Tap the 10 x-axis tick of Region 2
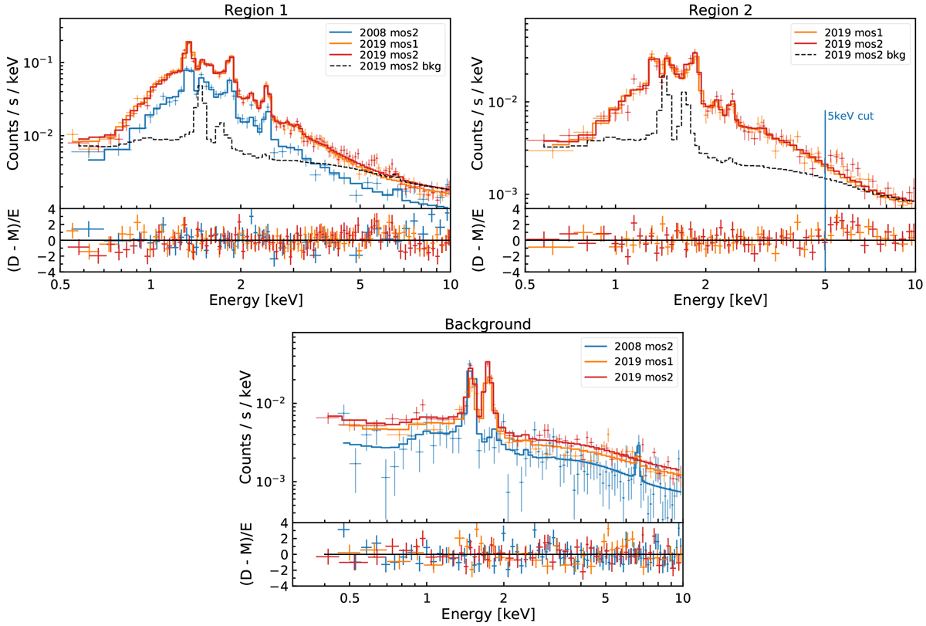tap(914, 283)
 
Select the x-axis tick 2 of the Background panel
tap(504, 598)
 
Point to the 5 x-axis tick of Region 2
tap(825, 283)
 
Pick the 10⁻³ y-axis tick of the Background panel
tap(272, 481)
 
